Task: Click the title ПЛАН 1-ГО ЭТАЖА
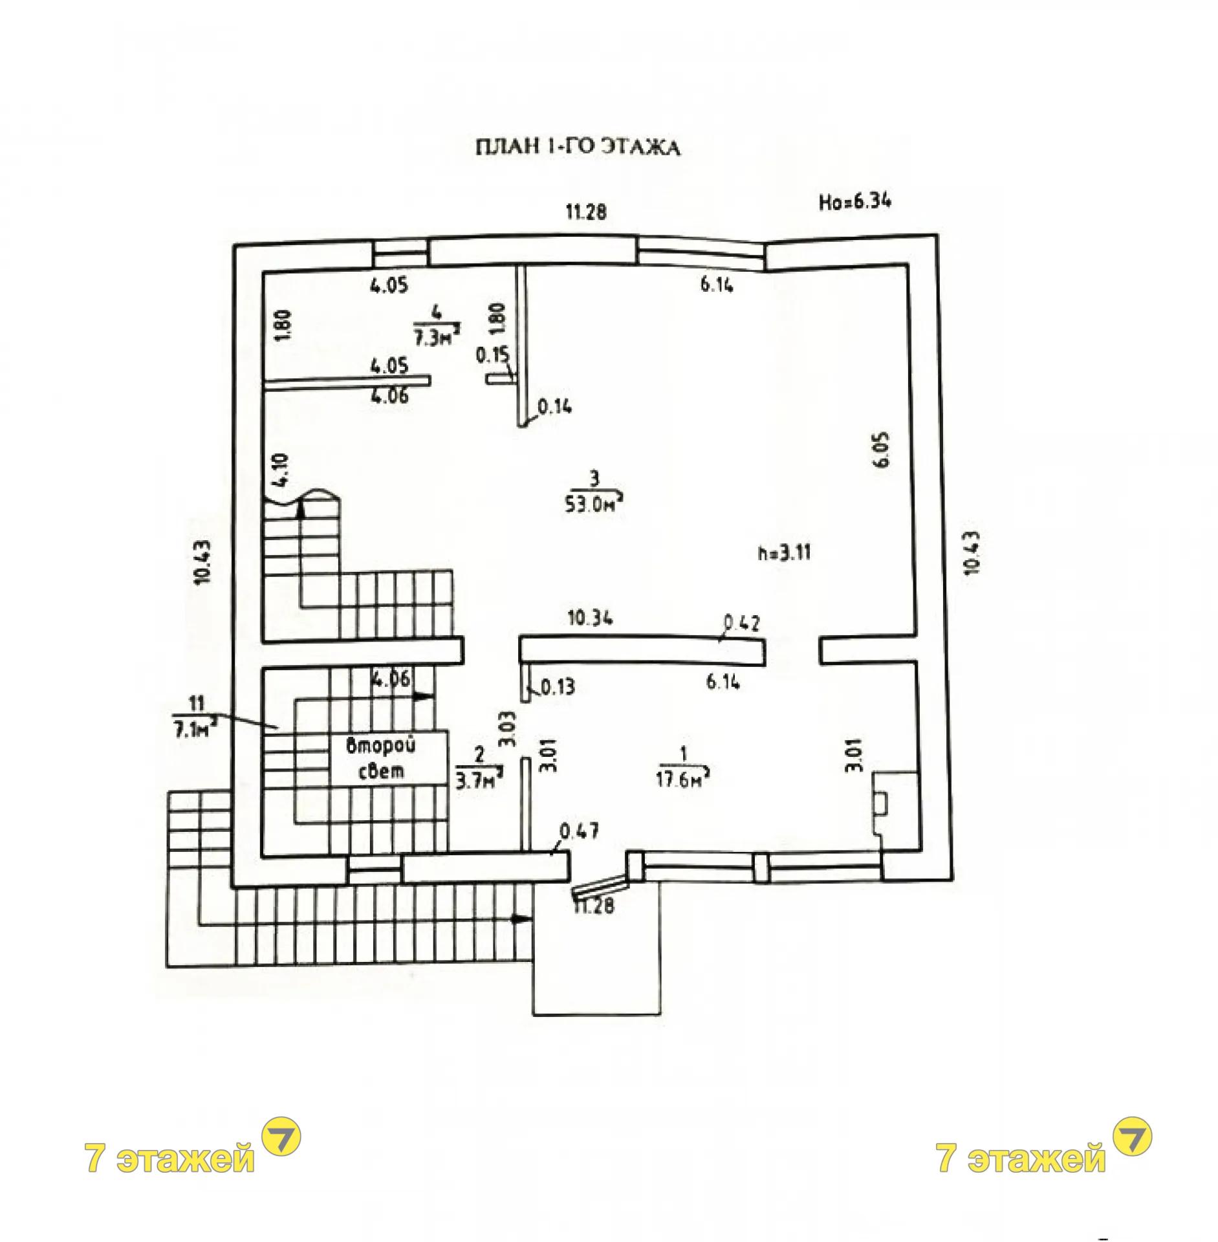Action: pyautogui.click(x=578, y=148)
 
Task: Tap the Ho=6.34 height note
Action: pyautogui.click(x=855, y=202)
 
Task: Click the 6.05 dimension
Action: pyautogui.click(x=884, y=450)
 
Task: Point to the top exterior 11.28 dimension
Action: pyautogui.click(x=587, y=212)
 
